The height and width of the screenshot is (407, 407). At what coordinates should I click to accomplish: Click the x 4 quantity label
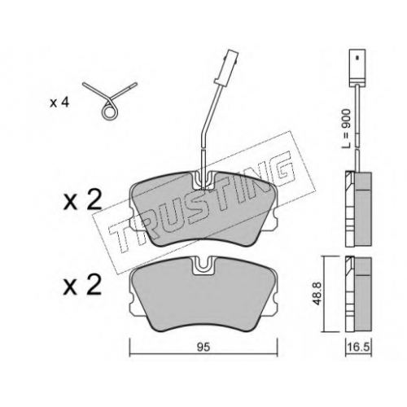tap(59, 103)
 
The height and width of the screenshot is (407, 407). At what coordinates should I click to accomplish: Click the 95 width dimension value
tap(203, 348)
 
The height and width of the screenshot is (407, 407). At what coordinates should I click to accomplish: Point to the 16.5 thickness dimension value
tap(358, 348)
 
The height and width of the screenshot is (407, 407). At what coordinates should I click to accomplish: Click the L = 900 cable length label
tap(346, 129)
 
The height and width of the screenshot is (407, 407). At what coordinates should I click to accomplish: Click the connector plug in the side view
tap(357, 67)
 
